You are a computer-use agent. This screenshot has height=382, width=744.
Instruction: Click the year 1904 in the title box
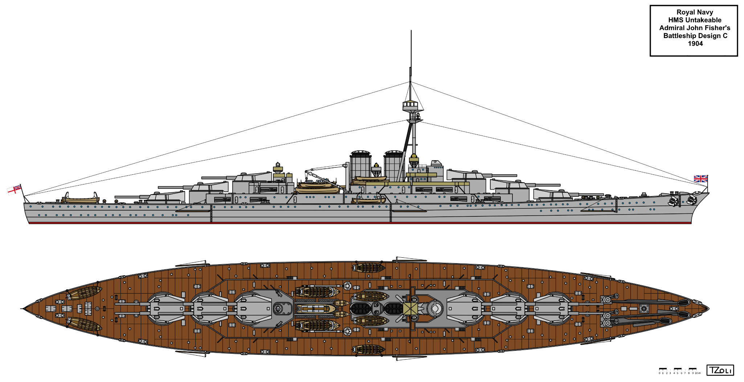[695, 44]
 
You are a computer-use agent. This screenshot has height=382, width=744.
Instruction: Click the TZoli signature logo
[720, 370]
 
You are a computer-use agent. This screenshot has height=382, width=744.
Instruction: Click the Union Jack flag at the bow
[700, 179]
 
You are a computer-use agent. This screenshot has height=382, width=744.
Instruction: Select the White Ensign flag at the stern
[14, 189]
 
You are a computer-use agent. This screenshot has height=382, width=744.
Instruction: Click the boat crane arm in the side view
[327, 167]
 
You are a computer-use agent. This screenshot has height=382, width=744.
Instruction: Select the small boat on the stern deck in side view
[81, 199]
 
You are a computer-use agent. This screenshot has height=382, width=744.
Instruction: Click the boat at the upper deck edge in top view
[368, 268]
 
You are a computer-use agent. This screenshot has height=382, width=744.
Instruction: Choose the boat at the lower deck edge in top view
[368, 349]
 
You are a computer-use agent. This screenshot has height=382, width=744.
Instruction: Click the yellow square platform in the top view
[410, 309]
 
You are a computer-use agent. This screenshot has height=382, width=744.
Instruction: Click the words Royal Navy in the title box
[695, 12]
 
